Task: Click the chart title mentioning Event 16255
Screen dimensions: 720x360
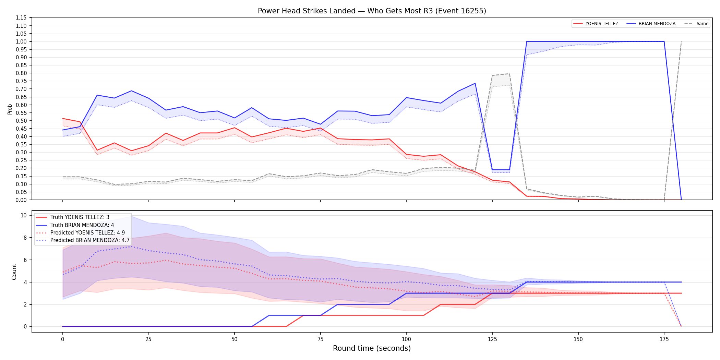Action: pyautogui.click(x=372, y=11)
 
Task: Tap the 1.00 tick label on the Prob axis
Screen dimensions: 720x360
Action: pyautogui.click(x=21, y=41)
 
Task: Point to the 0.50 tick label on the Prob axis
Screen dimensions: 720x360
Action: pyautogui.click(x=21, y=121)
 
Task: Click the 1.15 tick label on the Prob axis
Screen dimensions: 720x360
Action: pyautogui.click(x=21, y=18)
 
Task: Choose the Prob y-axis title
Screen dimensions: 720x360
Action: pyautogui.click(x=10, y=109)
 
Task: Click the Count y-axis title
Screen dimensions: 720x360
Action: pyautogui.click(x=14, y=272)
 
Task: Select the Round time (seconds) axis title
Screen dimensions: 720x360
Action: pyautogui.click(x=372, y=348)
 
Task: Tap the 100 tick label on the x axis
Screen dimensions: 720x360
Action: pyautogui.click(x=406, y=339)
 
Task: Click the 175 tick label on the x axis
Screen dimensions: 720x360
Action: pyautogui.click(x=664, y=339)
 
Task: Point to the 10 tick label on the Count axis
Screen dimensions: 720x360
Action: pyautogui.click(x=24, y=215)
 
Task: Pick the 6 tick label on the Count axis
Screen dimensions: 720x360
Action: pyautogui.click(x=25, y=260)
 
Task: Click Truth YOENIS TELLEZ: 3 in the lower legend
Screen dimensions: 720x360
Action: pyautogui.click(x=80, y=217)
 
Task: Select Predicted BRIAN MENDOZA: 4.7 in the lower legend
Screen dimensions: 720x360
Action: pyautogui.click(x=90, y=240)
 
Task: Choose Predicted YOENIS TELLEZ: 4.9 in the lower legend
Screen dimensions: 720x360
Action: pyautogui.click(x=87, y=233)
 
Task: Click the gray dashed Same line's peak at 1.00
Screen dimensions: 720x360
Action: pyautogui.click(x=681, y=41)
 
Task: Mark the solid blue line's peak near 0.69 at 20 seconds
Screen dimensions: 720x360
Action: pyautogui.click(x=131, y=91)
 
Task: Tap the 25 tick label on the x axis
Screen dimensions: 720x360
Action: pyautogui.click(x=148, y=339)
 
